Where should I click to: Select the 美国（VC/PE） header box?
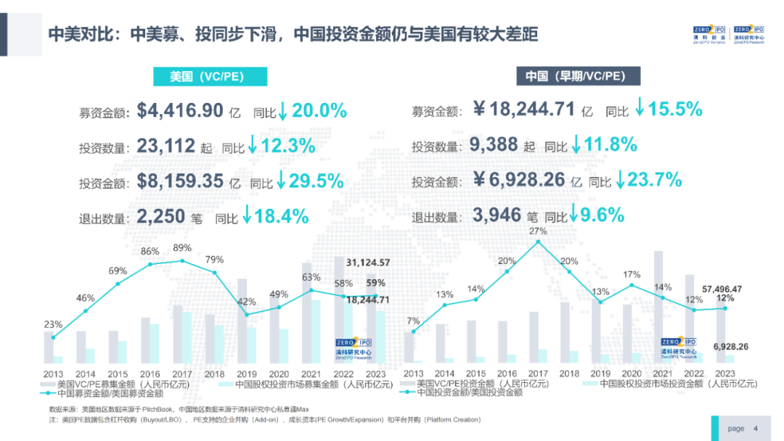point(209,76)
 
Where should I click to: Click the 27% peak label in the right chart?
point(537,231)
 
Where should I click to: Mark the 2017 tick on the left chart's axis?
point(181,374)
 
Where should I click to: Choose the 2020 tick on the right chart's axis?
point(632,374)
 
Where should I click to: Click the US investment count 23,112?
point(166,146)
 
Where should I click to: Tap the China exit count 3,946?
point(497,215)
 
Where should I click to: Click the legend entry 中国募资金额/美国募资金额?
point(110,393)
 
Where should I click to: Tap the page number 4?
point(756,428)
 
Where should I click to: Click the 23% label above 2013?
point(53,324)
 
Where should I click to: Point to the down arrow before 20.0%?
point(283,111)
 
